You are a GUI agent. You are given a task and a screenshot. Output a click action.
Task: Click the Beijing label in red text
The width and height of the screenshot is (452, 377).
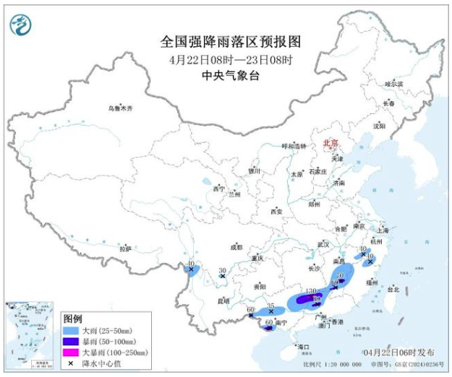(x=331, y=143)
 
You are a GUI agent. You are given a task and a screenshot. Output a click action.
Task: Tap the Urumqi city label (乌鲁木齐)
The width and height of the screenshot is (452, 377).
(x=121, y=108)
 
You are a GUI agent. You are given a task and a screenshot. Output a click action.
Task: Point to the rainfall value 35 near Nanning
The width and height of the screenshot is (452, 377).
(x=270, y=306)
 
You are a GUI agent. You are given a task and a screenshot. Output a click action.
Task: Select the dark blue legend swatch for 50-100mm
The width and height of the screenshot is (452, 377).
(x=72, y=341)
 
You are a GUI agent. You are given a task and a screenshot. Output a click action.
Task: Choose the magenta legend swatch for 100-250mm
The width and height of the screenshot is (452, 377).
(x=72, y=352)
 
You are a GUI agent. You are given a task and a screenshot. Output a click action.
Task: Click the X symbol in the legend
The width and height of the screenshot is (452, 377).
(x=72, y=363)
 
